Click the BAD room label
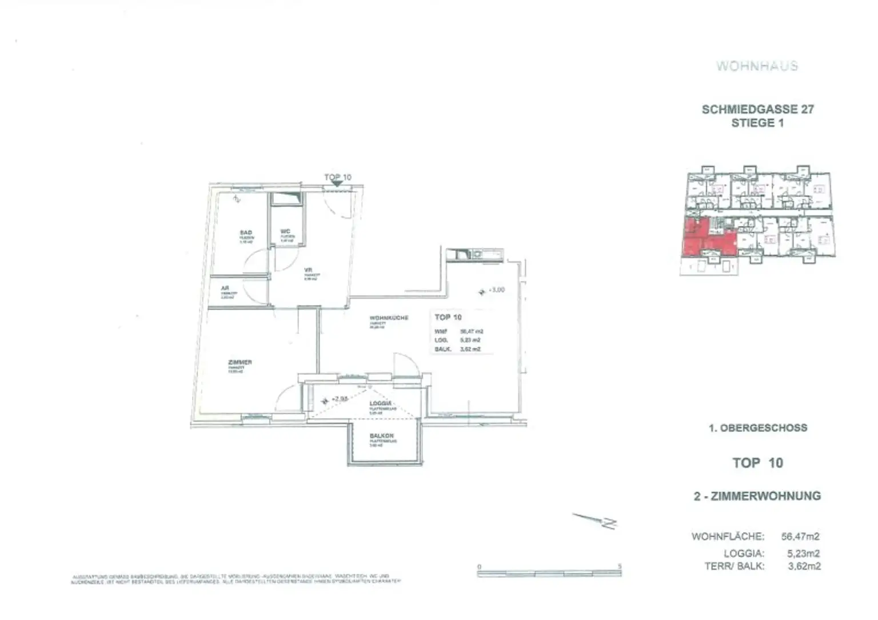(x=246, y=233)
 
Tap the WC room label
(x=286, y=231)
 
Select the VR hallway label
(x=308, y=270)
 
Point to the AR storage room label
(x=225, y=289)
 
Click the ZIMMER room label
(x=240, y=362)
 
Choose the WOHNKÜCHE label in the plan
(x=389, y=318)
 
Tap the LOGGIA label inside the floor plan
(x=381, y=403)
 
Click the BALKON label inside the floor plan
(x=381, y=436)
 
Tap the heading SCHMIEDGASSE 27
(x=757, y=109)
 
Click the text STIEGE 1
(x=757, y=123)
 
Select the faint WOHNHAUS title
(x=757, y=66)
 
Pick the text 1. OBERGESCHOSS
(x=757, y=428)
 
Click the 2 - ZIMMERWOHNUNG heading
(x=757, y=496)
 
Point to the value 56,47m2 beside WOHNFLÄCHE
(x=800, y=537)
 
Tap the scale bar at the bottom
(x=549, y=571)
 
